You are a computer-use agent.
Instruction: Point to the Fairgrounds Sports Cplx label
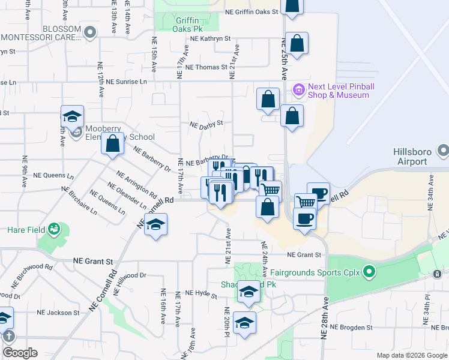pyautogui.click(x=327, y=272)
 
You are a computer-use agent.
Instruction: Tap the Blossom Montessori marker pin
pyautogui.click(x=90, y=32)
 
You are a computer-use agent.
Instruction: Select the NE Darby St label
pyautogui.click(x=206, y=125)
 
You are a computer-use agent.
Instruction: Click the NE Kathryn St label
pyautogui.click(x=210, y=38)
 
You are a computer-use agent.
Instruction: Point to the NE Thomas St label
pyautogui.click(x=206, y=67)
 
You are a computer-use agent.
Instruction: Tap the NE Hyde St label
pyautogui.click(x=201, y=293)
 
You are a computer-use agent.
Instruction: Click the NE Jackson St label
pyautogui.click(x=58, y=313)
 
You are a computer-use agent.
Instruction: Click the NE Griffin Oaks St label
pyautogui.click(x=252, y=11)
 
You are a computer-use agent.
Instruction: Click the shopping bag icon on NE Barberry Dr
pyautogui.click(x=112, y=144)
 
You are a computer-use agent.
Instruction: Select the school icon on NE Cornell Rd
pyautogui.click(x=155, y=225)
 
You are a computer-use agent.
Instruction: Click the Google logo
pyautogui.click(x=20, y=353)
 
